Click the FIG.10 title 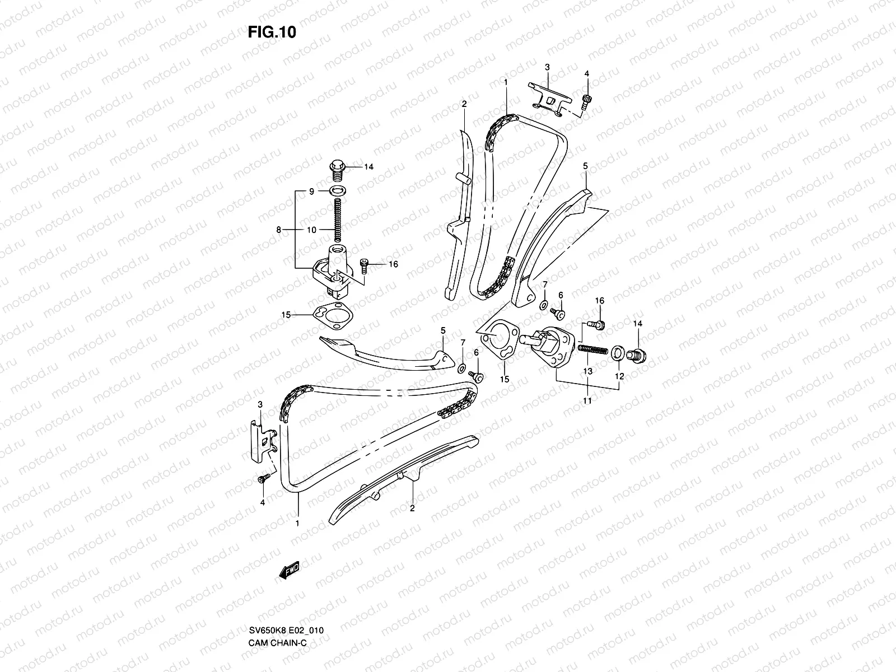coord(272,32)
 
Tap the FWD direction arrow coord(289,570)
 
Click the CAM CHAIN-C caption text coord(278,643)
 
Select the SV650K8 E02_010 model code coord(286,631)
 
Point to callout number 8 coord(279,230)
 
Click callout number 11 coord(587,400)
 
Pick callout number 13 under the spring coord(587,371)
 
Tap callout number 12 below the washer coord(619,376)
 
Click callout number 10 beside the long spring coord(311,230)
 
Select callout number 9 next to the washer coord(311,192)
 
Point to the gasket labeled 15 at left coord(333,315)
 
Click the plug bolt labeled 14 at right coord(636,356)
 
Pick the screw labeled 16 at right coord(596,325)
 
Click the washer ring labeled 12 coord(617,353)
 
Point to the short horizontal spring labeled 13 coord(592,349)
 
